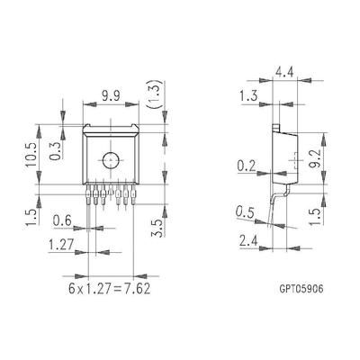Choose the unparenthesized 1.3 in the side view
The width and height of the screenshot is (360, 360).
click(x=249, y=96)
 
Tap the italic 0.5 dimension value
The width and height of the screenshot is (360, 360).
click(x=245, y=213)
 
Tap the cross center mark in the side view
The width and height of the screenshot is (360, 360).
click(x=294, y=165)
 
